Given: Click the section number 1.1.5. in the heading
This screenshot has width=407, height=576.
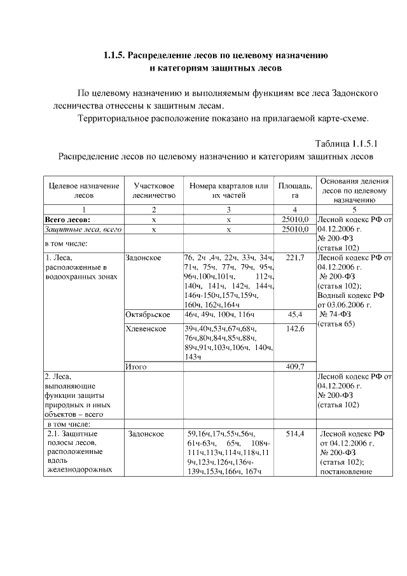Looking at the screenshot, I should (114, 55).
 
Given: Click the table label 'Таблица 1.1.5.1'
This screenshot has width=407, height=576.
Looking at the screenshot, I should (347, 143).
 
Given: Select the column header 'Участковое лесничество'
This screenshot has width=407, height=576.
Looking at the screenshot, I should (153, 190).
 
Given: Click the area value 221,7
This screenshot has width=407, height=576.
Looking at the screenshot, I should (295, 258).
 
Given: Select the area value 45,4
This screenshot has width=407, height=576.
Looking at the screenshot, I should (295, 315).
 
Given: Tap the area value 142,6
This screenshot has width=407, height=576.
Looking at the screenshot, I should (295, 328).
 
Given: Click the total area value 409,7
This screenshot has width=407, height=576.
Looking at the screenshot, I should (295, 367).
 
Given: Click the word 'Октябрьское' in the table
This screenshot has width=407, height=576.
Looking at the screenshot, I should (148, 315).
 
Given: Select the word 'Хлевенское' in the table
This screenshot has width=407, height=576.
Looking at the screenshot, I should (146, 328).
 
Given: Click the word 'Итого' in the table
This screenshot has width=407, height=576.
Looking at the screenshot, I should (137, 367).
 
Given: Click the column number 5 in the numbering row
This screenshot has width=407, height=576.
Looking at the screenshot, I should (354, 209).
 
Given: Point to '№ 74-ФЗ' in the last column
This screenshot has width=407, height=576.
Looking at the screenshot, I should (337, 315).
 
